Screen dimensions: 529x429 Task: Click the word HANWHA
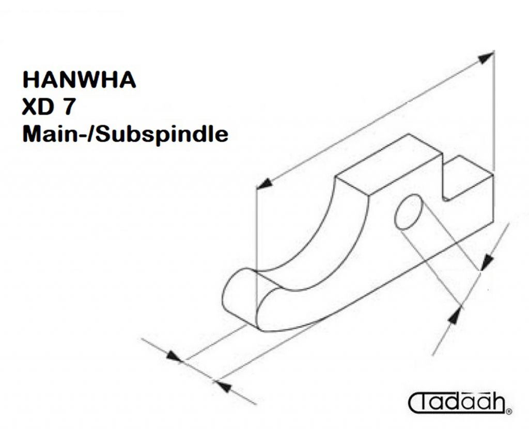[79, 80]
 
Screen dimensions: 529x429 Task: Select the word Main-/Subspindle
[125, 134]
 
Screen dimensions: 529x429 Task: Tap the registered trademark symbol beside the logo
[509, 411]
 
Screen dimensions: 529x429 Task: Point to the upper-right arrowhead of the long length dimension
[487, 57]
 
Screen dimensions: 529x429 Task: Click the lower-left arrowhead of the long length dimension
[264, 184]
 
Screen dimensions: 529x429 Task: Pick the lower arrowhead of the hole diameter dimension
[455, 316]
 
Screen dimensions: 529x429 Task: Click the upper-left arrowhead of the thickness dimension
[175, 357]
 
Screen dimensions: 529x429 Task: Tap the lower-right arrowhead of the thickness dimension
[223, 387]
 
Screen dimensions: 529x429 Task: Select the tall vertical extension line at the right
[493, 111]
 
